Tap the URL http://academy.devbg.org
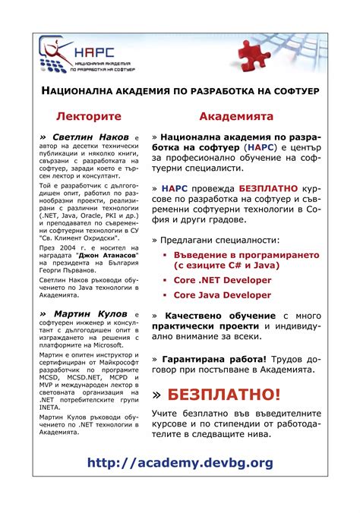180,462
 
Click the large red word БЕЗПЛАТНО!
223,395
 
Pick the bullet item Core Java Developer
223,294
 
